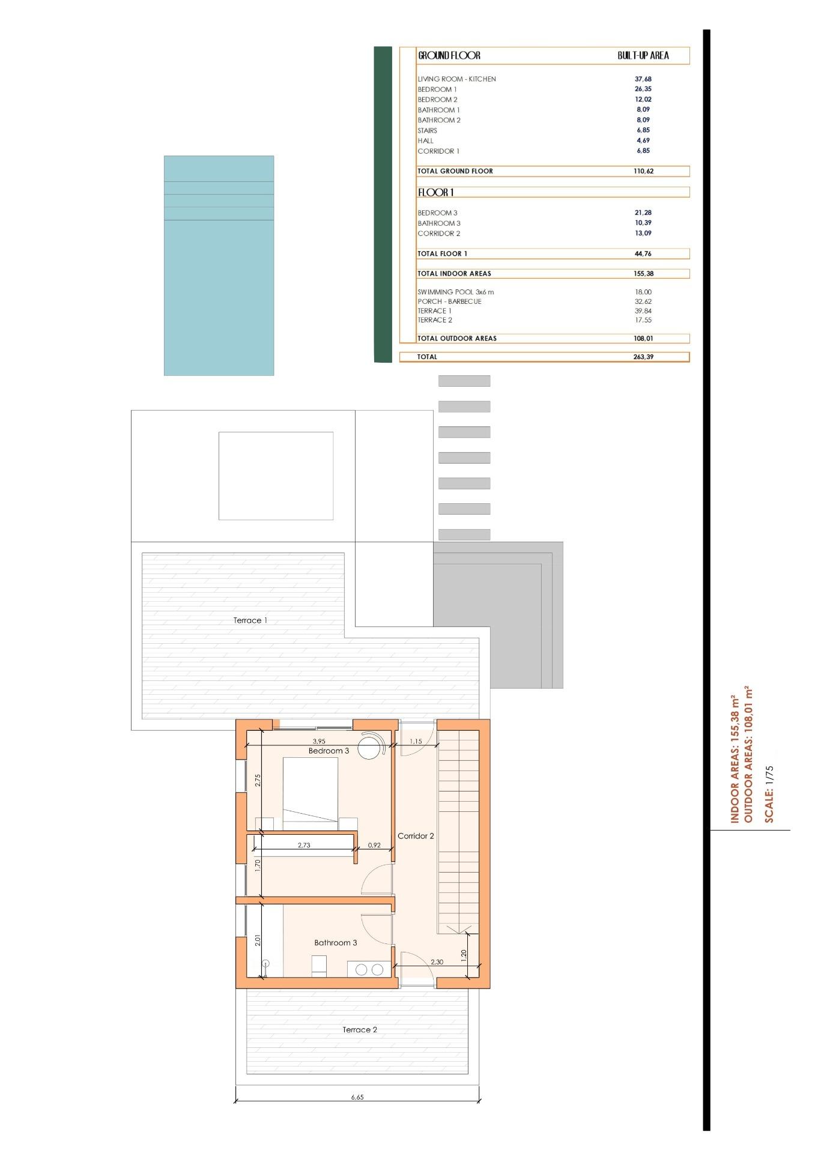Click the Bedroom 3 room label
[329, 751]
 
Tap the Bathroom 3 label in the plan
[335, 942]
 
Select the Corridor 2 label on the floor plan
[416, 835]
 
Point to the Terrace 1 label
[250, 620]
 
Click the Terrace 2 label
[360, 1029]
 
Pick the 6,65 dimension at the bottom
[357, 1097]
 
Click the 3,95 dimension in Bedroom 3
[319, 741]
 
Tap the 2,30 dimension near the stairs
[437, 961]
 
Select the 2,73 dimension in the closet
[304, 845]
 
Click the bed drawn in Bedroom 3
[311, 793]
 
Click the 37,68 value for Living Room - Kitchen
[643, 79]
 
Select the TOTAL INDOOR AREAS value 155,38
[643, 273]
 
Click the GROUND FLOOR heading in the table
[449, 55]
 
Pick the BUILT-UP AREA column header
[643, 55]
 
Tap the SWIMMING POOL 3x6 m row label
[455, 292]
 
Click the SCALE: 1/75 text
[769, 794]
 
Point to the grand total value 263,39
[643, 357]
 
